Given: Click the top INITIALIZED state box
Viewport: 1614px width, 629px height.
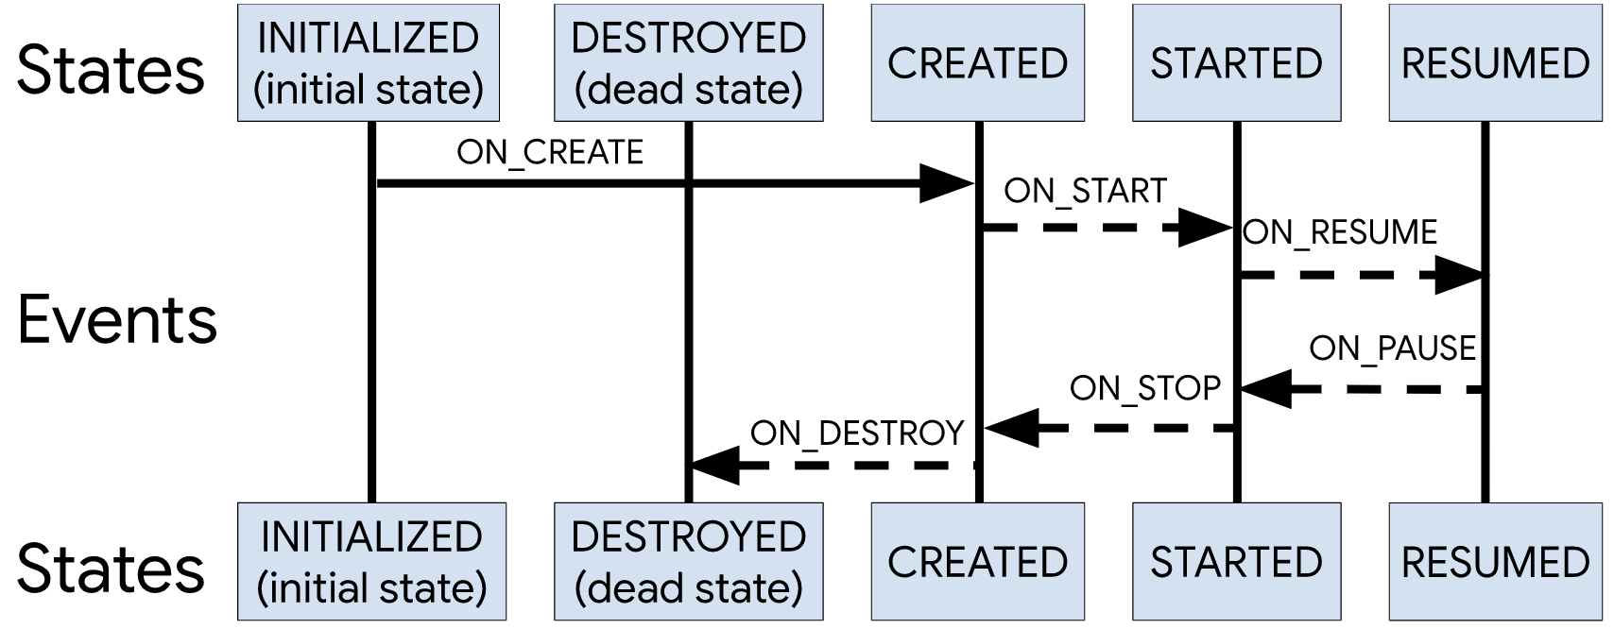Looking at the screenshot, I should [x=369, y=63].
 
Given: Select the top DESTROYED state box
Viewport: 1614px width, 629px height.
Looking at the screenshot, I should [x=688, y=63].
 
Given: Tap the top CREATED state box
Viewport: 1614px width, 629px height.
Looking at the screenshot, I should [x=977, y=63].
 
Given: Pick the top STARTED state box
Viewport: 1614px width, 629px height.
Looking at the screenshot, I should [x=1236, y=63].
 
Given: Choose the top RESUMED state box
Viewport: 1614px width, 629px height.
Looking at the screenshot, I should [x=1495, y=63].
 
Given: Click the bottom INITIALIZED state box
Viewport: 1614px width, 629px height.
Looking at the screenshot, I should [x=371, y=562].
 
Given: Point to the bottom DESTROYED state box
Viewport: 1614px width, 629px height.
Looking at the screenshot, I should [x=688, y=562].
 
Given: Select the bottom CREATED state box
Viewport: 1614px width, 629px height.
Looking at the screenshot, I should [x=977, y=562].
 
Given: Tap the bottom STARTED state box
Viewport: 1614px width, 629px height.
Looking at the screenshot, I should [x=1236, y=562].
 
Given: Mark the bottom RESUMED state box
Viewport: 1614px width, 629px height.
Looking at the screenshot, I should [x=1495, y=562].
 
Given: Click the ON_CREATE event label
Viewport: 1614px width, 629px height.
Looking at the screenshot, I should [x=550, y=152].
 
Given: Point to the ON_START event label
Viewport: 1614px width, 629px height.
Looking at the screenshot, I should [x=1085, y=191].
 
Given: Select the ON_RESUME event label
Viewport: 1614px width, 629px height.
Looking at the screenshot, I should [x=1340, y=232].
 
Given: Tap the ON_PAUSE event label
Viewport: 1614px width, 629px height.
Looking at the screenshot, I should [x=1392, y=348].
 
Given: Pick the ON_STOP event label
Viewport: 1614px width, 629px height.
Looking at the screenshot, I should [x=1145, y=388].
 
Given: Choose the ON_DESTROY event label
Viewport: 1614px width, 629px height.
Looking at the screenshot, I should [x=857, y=433].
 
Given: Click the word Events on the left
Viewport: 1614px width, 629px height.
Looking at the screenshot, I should [x=117, y=319].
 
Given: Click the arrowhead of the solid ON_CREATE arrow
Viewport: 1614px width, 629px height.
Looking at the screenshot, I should [x=946, y=183].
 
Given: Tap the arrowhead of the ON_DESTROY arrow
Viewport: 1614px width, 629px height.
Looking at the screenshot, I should [x=715, y=465].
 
